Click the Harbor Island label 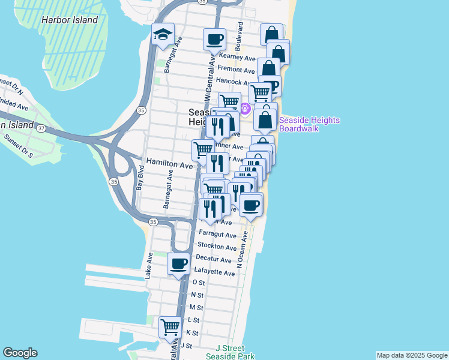[x=70, y=20]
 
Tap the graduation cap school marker [x=161, y=36]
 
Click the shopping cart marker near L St [x=170, y=327]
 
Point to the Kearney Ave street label [x=238, y=58]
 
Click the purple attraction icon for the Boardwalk [x=245, y=108]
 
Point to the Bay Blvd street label [x=139, y=179]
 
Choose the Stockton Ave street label [x=217, y=247]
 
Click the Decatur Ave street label [x=214, y=260]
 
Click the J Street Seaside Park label [x=230, y=352]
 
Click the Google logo [x=20, y=353]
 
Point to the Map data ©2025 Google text [x=411, y=355]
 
